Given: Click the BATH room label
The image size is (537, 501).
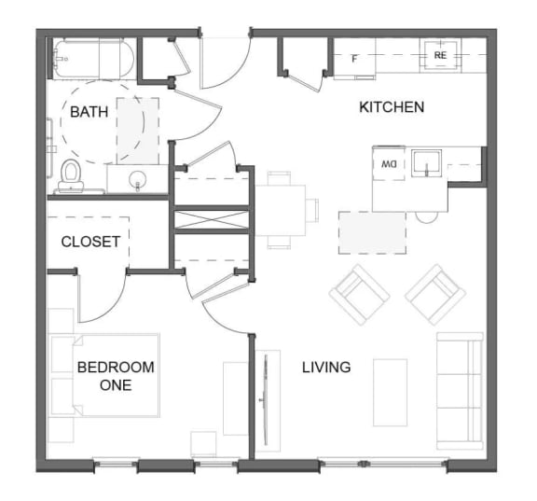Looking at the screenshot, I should coord(89,112).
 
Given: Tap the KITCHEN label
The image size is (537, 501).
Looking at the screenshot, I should coord(392,107).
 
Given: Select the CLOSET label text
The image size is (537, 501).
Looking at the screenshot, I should coord(90,242).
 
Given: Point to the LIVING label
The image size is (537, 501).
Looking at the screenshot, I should coord(326,367).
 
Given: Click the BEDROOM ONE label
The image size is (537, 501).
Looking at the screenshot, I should coord(116,375).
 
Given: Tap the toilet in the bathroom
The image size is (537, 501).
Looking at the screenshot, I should coord(71,174).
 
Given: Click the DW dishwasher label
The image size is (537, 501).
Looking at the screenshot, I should coord(389,164).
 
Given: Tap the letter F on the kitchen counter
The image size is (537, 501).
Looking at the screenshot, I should coord(354,59).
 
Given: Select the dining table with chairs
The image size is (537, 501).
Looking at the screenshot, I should coord(281,210).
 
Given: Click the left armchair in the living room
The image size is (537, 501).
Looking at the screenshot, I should coord(360,294).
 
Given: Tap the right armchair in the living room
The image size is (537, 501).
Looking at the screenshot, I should coord(434,294).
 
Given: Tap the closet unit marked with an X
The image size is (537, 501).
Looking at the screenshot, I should coord(210,220).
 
